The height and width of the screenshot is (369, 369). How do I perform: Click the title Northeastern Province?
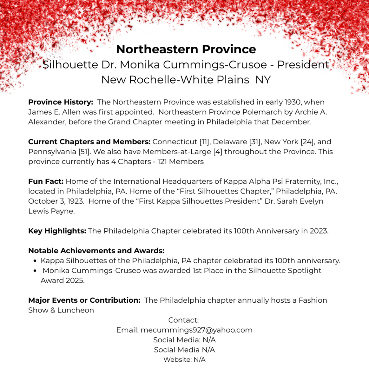click(x=186, y=49)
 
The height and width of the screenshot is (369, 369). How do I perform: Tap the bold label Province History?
click(x=61, y=102)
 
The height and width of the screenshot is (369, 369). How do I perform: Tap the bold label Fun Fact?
click(x=46, y=181)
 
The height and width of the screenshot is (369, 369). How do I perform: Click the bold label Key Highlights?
click(x=57, y=231)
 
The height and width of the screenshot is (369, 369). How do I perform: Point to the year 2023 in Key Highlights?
click(x=319, y=231)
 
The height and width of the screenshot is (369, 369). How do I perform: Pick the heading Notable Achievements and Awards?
click(x=96, y=250)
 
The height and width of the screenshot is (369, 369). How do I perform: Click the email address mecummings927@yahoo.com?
click(x=196, y=330)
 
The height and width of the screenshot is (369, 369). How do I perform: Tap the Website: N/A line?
click(x=184, y=359)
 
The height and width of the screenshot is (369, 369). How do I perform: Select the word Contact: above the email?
click(x=183, y=320)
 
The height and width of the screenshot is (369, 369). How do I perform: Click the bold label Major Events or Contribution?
click(x=84, y=300)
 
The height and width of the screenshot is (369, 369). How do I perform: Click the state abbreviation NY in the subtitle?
click(x=263, y=80)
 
